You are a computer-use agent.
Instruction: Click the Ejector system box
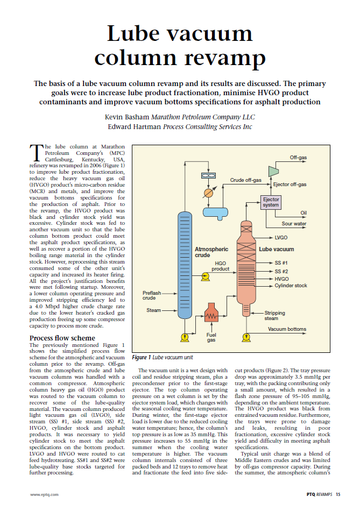click(x=271, y=202)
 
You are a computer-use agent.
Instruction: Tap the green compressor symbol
click(x=272, y=171)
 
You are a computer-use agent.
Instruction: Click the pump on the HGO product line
click(x=205, y=276)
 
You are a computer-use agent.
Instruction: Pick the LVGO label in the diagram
click(x=281, y=237)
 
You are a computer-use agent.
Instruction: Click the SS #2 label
click(x=281, y=271)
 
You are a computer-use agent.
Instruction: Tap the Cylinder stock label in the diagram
click(x=291, y=286)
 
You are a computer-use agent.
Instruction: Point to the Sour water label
click(x=294, y=223)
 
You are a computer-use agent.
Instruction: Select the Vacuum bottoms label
click(x=287, y=329)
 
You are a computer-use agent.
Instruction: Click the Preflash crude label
click(x=149, y=295)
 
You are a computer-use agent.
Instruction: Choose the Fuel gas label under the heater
click(x=211, y=337)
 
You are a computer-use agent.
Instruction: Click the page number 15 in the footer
click(x=337, y=493)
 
